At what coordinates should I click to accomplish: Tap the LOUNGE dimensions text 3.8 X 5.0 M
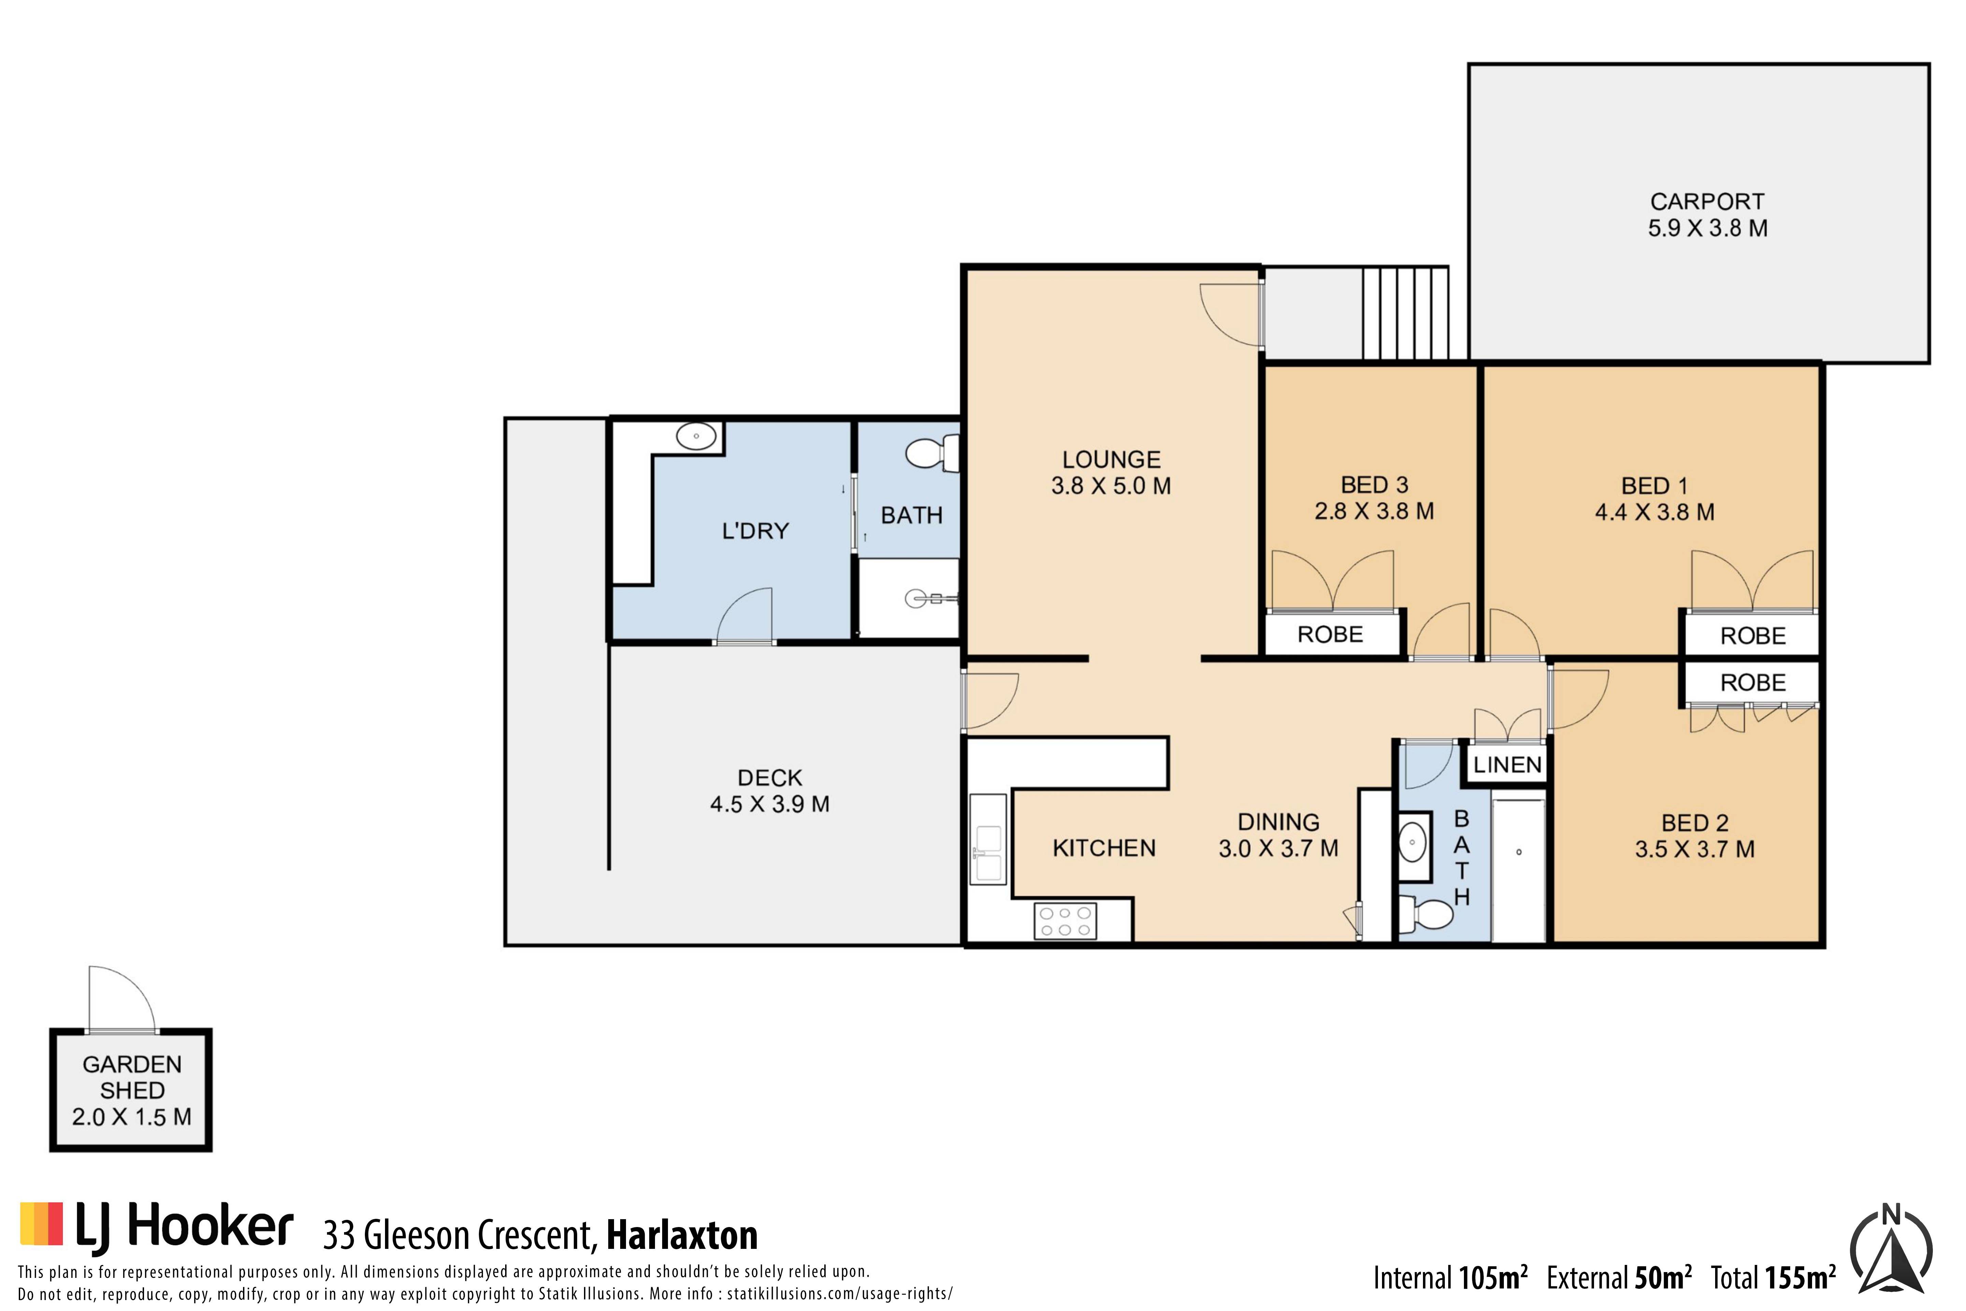coord(1111,486)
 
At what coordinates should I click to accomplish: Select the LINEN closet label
coord(1507,764)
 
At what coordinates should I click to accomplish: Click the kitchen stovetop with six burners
coord(1065,920)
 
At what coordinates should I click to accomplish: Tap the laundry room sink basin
coord(696,436)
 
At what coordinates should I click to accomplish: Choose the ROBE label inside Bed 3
coord(1330,635)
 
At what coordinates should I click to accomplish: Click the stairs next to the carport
coord(1405,313)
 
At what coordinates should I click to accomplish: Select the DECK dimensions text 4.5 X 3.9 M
coord(770,804)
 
